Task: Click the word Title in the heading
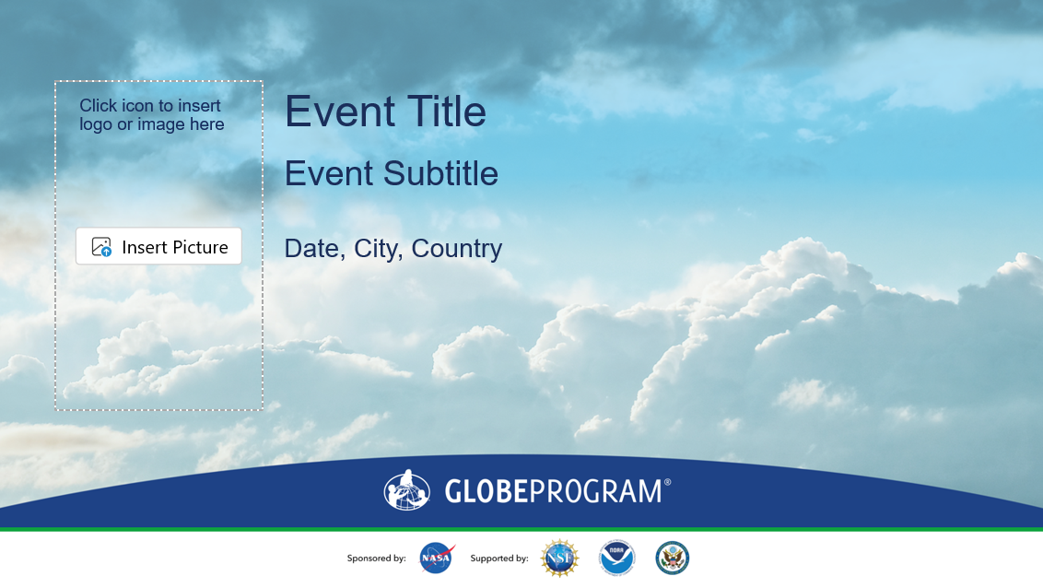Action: pyautogui.click(x=446, y=111)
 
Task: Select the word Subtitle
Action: pyautogui.click(x=440, y=173)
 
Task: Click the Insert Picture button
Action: pyautogui.click(x=158, y=246)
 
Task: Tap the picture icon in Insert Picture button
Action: pyautogui.click(x=101, y=247)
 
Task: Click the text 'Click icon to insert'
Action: pyautogui.click(x=149, y=106)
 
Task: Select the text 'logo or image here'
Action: pyautogui.click(x=152, y=124)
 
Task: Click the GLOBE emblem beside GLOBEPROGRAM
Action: pyautogui.click(x=407, y=490)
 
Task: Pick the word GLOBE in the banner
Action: pyautogui.click(x=486, y=491)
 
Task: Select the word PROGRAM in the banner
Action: pyautogui.click(x=595, y=491)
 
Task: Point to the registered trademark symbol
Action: pyautogui.click(x=667, y=482)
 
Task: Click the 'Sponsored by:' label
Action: pyautogui.click(x=377, y=559)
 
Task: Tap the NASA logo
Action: pyautogui.click(x=437, y=559)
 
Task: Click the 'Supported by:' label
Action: pyautogui.click(x=498, y=559)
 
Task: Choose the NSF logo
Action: pyautogui.click(x=559, y=559)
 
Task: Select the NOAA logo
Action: pyautogui.click(x=616, y=558)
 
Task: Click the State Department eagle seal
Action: pyautogui.click(x=672, y=558)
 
